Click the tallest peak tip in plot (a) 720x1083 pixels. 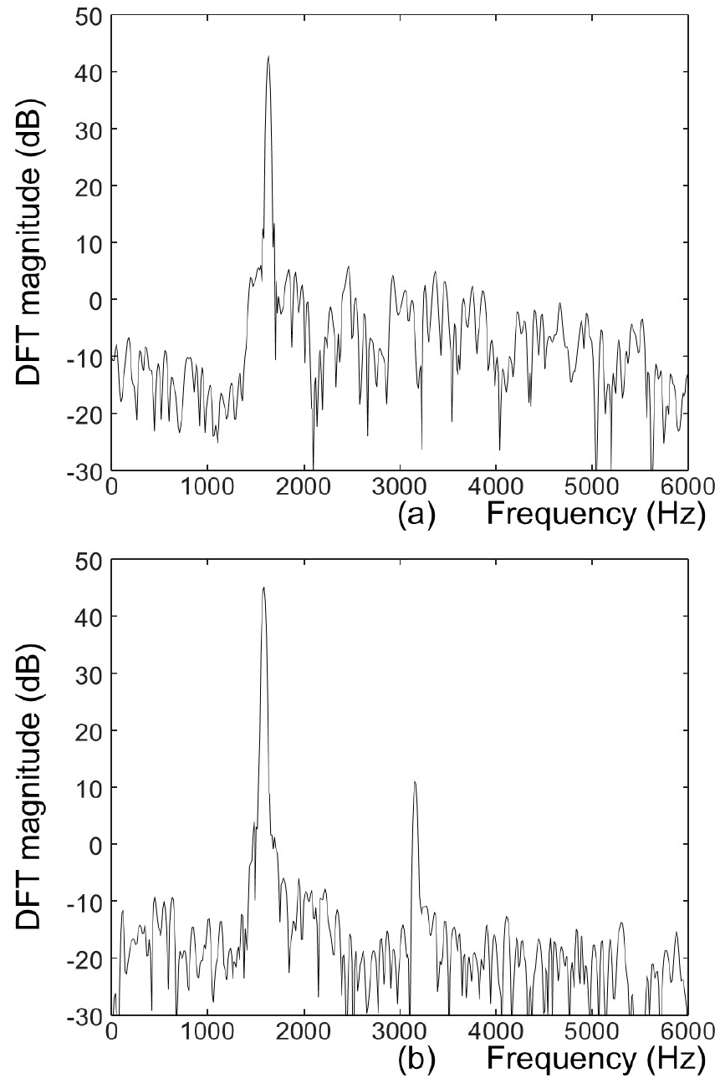click(x=268, y=57)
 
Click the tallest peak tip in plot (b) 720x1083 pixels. click(x=263, y=588)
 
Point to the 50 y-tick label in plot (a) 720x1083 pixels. click(x=89, y=16)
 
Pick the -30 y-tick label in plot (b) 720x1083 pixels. click(x=84, y=1014)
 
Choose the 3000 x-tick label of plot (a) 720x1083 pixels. click(x=400, y=486)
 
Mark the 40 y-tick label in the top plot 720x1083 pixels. click(x=89, y=72)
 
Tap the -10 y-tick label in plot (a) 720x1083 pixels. click(x=84, y=357)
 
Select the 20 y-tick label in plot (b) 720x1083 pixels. click(x=89, y=730)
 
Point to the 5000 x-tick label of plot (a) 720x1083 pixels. click(x=592, y=486)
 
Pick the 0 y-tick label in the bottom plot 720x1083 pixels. click(x=96, y=844)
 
